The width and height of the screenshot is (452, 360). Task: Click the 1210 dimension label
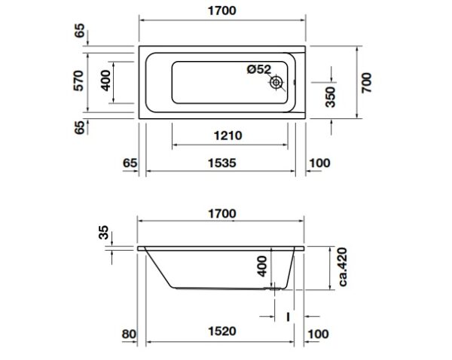click(228, 136)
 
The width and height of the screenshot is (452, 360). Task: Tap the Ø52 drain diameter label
click(259, 69)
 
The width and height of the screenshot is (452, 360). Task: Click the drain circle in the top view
click(276, 83)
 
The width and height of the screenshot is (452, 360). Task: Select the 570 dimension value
click(78, 81)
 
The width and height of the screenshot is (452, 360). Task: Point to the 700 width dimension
click(367, 83)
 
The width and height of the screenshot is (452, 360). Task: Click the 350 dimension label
click(331, 97)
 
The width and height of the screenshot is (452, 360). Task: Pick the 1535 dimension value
click(222, 163)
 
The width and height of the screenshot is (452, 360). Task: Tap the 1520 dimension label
click(222, 331)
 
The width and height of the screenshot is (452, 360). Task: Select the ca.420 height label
click(343, 267)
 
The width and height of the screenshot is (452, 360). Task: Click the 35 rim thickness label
click(104, 232)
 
